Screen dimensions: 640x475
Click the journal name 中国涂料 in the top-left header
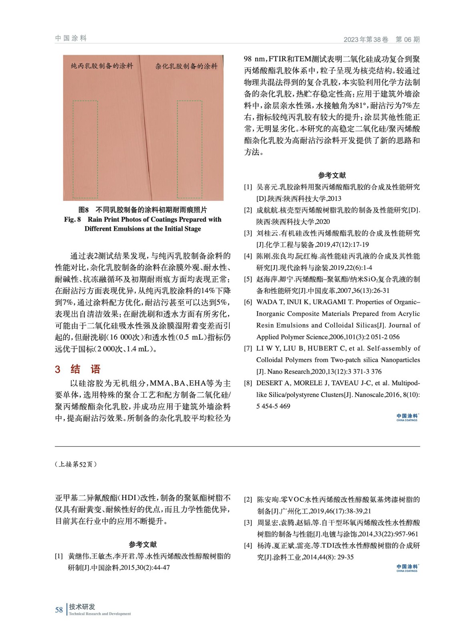(71, 38)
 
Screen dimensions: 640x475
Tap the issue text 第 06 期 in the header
(407, 39)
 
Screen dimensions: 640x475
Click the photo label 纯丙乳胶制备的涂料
(102, 66)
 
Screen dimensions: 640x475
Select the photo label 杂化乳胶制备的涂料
(186, 66)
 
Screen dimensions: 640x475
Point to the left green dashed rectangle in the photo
(85, 149)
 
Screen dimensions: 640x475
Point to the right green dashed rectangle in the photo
(190, 149)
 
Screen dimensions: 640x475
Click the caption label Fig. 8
(72, 219)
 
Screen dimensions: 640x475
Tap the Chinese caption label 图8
(83, 210)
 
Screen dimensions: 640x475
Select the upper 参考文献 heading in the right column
(332, 175)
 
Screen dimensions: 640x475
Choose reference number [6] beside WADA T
(248, 302)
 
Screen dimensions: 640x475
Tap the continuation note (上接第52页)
(76, 464)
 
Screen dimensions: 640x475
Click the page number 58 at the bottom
(59, 610)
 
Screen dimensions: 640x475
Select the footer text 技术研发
(82, 607)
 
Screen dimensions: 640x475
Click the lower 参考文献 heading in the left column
(142, 544)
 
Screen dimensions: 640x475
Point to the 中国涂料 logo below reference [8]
(407, 417)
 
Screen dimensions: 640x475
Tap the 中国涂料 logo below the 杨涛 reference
(407, 568)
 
